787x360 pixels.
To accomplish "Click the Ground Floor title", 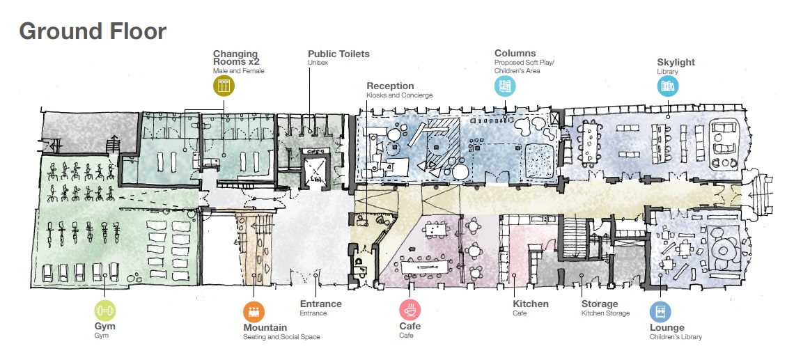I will [x=93, y=31].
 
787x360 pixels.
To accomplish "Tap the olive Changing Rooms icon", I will [x=224, y=86].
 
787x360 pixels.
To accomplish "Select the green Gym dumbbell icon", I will [x=105, y=311].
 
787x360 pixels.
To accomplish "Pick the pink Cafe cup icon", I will [x=410, y=309].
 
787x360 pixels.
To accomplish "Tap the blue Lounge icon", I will [x=660, y=311].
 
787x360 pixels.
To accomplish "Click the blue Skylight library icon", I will [x=668, y=86].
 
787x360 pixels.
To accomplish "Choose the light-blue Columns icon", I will [x=506, y=86].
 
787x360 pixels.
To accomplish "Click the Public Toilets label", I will [x=338, y=54].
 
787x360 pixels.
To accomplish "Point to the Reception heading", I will [x=390, y=86].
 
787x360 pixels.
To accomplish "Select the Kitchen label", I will [x=531, y=304].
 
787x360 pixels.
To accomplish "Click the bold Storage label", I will [x=600, y=304].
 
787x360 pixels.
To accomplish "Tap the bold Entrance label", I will [x=320, y=304].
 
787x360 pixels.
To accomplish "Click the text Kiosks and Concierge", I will [x=399, y=95].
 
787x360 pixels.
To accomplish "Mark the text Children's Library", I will [x=676, y=337].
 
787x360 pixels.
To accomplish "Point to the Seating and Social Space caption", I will [x=281, y=337].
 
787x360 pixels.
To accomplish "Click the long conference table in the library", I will [x=589, y=144].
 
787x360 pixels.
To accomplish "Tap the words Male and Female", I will [x=238, y=71].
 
